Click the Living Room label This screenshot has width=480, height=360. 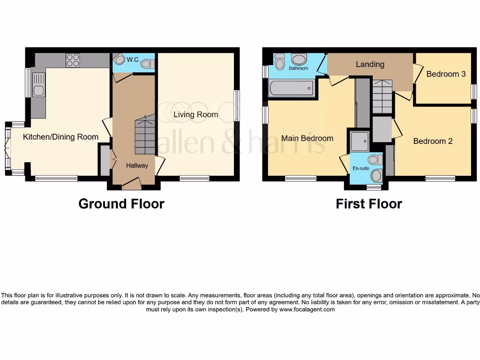tap(195, 114)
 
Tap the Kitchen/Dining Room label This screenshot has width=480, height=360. tap(61, 137)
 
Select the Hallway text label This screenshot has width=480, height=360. tap(137, 165)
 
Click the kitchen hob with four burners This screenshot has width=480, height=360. tap(73, 60)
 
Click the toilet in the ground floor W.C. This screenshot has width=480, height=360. tap(147, 63)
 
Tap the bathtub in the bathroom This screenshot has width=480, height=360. tap(291, 88)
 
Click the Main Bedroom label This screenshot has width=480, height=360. tap(307, 138)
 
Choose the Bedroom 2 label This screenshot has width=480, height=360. tap(433, 141)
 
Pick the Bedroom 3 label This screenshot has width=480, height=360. tap(446, 74)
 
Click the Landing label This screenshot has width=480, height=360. tap(370, 64)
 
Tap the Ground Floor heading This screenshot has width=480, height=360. tap(121, 204)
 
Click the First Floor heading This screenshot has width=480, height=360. tap(368, 204)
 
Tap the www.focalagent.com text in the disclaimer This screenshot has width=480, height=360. tap(307, 309)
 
